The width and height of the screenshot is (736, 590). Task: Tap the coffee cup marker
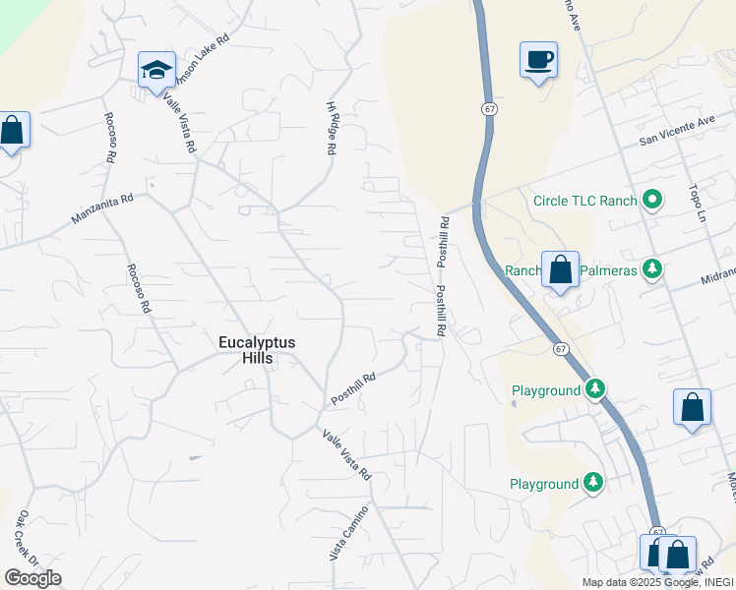click(538, 61)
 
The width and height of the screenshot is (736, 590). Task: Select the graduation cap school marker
click(156, 71)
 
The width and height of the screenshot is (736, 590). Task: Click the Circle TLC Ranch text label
click(584, 201)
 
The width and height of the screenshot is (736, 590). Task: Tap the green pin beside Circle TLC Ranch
click(651, 201)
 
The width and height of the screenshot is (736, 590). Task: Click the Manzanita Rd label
click(101, 208)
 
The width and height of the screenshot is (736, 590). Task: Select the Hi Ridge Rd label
click(332, 128)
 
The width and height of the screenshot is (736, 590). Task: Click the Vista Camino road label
click(349, 534)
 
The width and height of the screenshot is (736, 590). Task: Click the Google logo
click(32, 578)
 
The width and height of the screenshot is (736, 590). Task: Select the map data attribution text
click(657, 582)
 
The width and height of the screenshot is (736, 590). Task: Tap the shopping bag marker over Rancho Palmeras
click(560, 269)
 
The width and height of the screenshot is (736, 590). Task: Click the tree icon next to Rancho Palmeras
click(650, 268)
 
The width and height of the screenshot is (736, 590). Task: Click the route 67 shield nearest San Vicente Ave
click(488, 108)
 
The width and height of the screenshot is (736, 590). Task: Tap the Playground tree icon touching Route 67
click(594, 390)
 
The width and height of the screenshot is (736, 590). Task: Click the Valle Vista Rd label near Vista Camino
click(345, 455)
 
